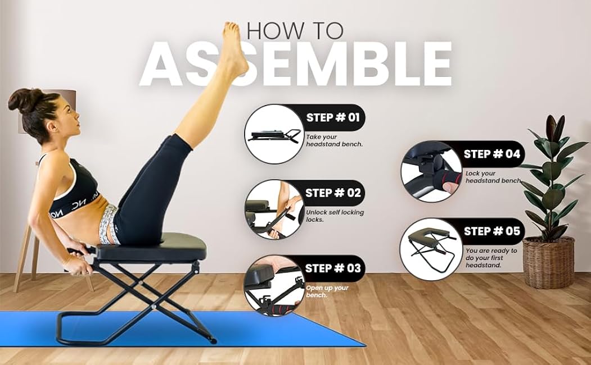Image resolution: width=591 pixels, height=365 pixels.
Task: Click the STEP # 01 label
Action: [x=332, y=118]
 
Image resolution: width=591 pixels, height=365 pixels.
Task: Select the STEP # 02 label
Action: [x=333, y=193]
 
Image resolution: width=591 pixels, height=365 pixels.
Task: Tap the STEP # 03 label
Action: [x=333, y=268]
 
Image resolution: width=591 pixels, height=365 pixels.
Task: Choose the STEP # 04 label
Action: [x=492, y=154]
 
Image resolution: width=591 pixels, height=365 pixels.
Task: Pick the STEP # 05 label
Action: [x=492, y=231]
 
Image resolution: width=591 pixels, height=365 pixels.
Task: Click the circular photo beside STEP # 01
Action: [x=273, y=134]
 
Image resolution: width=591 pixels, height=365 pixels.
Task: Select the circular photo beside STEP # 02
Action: [x=273, y=209]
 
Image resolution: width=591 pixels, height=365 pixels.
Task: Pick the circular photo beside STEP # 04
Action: [x=431, y=171]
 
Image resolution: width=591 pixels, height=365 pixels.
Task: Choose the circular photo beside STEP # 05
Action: [x=431, y=249]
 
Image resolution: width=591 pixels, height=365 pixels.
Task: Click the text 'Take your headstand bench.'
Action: [x=334, y=140]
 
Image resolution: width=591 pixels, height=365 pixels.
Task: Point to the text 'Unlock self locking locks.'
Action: [x=335, y=216]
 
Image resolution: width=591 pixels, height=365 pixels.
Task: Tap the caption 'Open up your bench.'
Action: [x=327, y=291]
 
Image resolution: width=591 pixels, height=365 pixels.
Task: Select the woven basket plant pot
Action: [x=548, y=261]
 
